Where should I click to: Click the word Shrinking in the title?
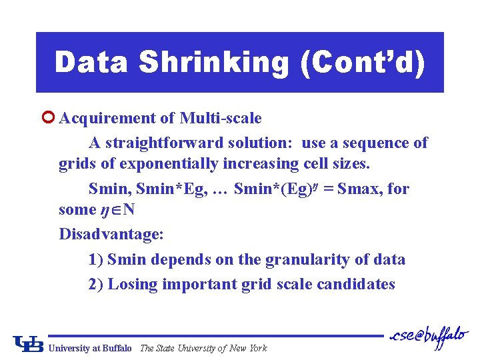click(x=214, y=63)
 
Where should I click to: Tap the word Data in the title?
click(x=91, y=63)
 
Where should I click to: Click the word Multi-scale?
click(x=221, y=119)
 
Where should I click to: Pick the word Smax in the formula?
click(x=359, y=189)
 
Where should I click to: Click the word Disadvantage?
click(x=111, y=235)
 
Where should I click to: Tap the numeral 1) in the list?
click(x=96, y=259)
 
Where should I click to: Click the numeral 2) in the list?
click(x=96, y=284)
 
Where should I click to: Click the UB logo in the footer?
click(x=29, y=343)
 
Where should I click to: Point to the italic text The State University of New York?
click(x=203, y=348)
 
